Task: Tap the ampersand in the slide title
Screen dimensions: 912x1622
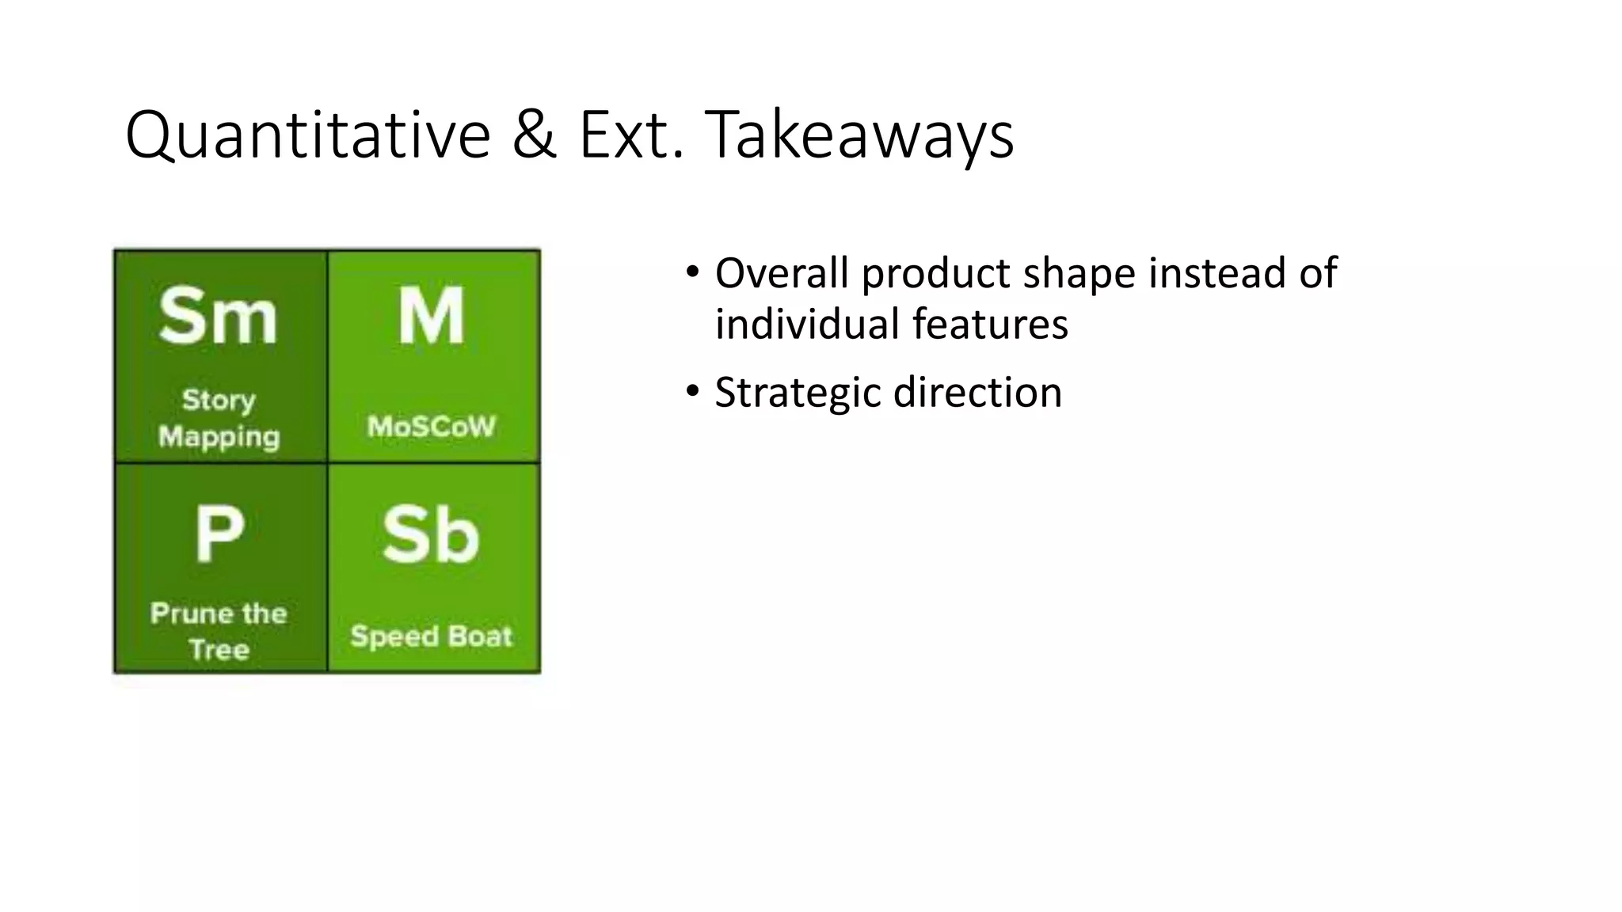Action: (x=534, y=135)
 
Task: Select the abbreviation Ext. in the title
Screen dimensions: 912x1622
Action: (x=631, y=135)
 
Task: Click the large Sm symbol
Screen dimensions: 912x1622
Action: (x=218, y=317)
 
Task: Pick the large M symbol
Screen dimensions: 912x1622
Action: (x=431, y=317)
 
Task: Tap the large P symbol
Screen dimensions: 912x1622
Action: (x=219, y=534)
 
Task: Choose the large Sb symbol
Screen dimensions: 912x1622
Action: (x=431, y=536)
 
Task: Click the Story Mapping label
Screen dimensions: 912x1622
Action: (x=219, y=418)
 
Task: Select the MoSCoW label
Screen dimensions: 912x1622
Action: (x=432, y=427)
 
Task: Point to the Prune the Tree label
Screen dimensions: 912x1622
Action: (x=219, y=631)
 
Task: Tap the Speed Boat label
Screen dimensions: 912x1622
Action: (x=432, y=636)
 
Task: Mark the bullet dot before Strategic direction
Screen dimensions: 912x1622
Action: (x=693, y=391)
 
